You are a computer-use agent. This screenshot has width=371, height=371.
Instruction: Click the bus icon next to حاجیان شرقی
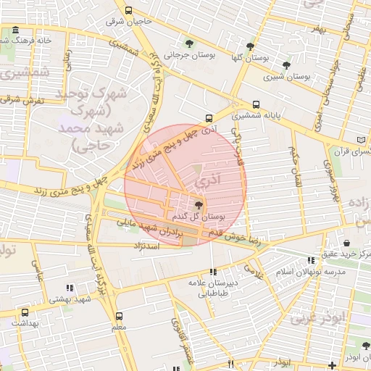[x=129, y=11]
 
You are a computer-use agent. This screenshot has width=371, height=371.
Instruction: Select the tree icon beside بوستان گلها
[x=250, y=46]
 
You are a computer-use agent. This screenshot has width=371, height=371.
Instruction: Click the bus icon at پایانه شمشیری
[x=256, y=104]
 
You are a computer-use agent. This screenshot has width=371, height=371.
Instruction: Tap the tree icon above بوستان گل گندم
[x=199, y=205]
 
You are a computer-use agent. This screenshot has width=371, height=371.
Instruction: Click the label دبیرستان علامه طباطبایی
[x=209, y=288]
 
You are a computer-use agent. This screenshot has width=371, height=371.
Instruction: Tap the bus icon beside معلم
[x=119, y=316]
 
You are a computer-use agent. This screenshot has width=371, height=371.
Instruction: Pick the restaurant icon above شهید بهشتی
[x=69, y=288]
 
